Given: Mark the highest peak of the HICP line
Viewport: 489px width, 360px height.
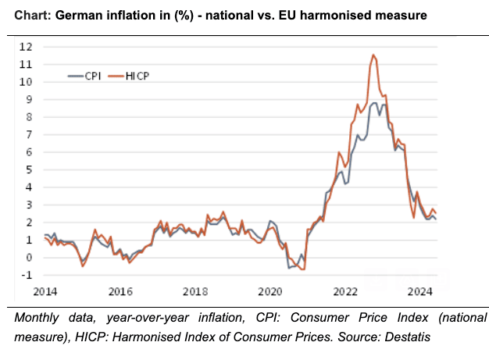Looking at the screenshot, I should click(373, 55).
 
